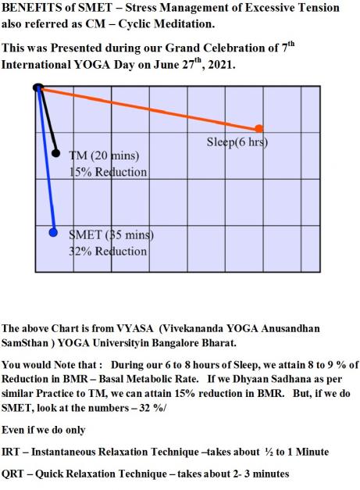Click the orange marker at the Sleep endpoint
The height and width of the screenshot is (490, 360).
tap(258, 128)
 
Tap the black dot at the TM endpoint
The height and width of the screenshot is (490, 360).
tap(55, 153)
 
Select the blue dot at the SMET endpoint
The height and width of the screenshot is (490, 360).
tap(53, 233)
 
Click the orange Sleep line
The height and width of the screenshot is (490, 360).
tap(148, 108)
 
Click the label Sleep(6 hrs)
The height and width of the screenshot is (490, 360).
tap(237, 142)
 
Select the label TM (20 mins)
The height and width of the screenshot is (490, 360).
tap(104, 156)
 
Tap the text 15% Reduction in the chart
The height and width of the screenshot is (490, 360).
tap(108, 172)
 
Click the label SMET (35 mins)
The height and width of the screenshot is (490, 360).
tap(111, 235)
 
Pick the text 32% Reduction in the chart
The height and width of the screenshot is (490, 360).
tap(108, 251)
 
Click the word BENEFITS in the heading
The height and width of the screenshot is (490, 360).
tap(32, 7)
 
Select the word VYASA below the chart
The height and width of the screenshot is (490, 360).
tap(135, 328)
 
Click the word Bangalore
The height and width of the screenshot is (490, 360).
tap(176, 343)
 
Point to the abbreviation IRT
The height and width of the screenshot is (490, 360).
tap(10, 452)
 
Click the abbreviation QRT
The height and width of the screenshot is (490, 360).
tap(12, 474)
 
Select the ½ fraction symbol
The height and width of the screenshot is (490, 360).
tap(269, 452)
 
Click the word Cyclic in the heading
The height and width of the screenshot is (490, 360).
tap(134, 23)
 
